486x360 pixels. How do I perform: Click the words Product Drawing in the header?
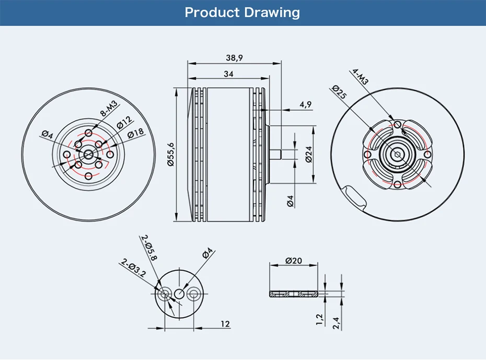[242, 13]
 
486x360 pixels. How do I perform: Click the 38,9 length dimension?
[234, 57]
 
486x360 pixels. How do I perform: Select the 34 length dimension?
[228, 74]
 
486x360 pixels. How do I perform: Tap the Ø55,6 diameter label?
[171, 154]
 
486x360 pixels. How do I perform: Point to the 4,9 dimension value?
[305, 104]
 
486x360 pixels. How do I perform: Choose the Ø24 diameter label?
[309, 154]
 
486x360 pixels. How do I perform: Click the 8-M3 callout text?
[109, 109]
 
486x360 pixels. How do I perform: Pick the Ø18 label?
[136, 133]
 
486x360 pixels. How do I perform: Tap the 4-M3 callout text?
[361, 76]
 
